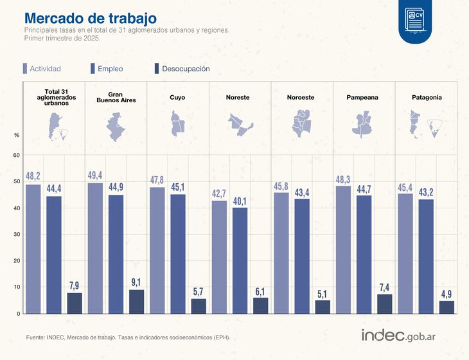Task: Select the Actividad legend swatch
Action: coord(24,68)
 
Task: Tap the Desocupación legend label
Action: coord(186,68)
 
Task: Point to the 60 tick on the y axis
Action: coord(17,155)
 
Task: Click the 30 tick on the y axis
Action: coord(17,235)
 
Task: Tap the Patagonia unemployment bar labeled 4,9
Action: coord(447,307)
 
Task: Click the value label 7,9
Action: coord(75,286)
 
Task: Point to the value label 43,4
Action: coord(302,192)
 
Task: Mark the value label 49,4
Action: coord(94,175)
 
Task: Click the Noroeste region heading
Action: coord(301,98)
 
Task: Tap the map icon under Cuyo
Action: coord(177,123)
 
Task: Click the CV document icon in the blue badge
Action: coord(415,21)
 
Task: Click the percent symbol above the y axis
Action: coord(17,135)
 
